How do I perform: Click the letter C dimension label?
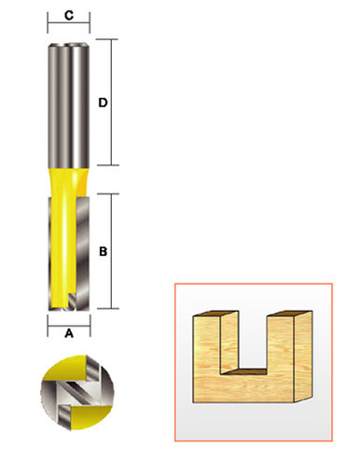point(69,15)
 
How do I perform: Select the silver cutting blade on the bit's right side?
point(82,252)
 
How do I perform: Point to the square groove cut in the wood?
point(249,345)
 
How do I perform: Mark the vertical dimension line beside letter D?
point(113,102)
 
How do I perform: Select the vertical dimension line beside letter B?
point(113,251)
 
